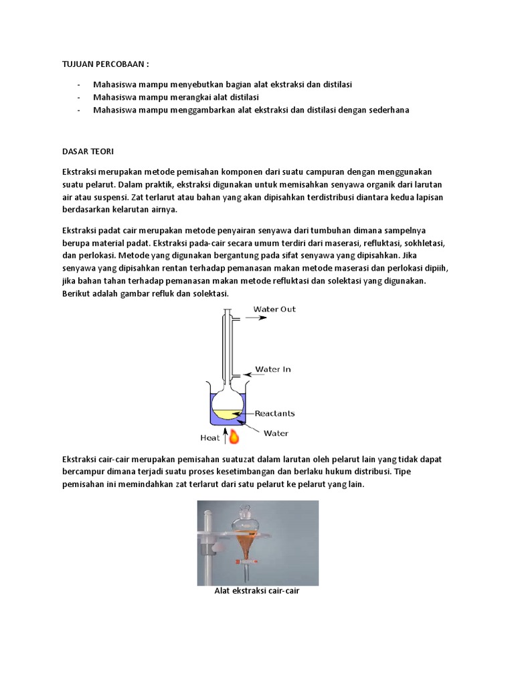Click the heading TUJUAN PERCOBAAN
coord(105,64)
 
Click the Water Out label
coord(274,310)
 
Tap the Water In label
coord(272,369)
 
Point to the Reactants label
coord(274,413)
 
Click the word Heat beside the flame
coord(211,438)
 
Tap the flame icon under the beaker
coord(234,437)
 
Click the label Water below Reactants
coord(276,433)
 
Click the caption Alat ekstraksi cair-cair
coord(257,592)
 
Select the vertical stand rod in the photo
coord(207,543)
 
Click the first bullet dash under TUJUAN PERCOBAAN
coord(80,84)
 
